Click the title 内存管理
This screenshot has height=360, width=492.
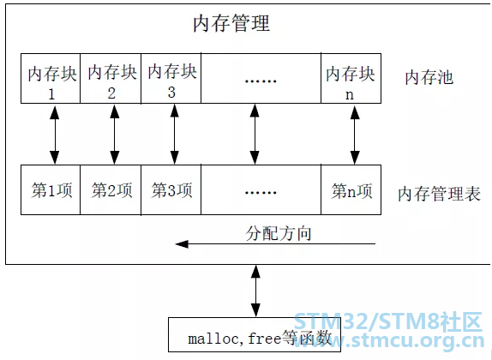pos(231,23)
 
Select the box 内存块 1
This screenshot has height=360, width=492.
pos(51,78)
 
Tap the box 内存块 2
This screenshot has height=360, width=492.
pos(111,78)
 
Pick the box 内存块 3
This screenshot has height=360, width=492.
pos(171,78)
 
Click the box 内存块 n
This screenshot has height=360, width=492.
pos(351,78)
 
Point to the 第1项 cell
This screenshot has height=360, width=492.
pos(51,190)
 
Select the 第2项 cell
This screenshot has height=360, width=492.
pos(111,190)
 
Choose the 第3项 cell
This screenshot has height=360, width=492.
pos(171,190)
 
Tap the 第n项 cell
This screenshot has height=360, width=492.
pos(351,190)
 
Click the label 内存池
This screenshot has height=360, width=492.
pos(429,77)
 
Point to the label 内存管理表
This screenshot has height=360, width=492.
pos(439,194)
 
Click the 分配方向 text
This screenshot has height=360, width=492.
pos(279,233)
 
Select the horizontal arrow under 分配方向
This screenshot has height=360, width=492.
pos(275,244)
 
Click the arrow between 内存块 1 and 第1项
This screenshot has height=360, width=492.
pos(55,135)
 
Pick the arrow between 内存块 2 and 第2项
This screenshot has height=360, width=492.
pos(115,135)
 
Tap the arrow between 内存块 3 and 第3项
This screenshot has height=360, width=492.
pos(175,135)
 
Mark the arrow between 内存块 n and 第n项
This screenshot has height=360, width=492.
pos(355,135)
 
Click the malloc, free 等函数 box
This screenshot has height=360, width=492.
pos(255,334)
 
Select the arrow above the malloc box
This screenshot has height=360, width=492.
pos(256,291)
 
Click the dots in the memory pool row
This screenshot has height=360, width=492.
pos(261,81)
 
